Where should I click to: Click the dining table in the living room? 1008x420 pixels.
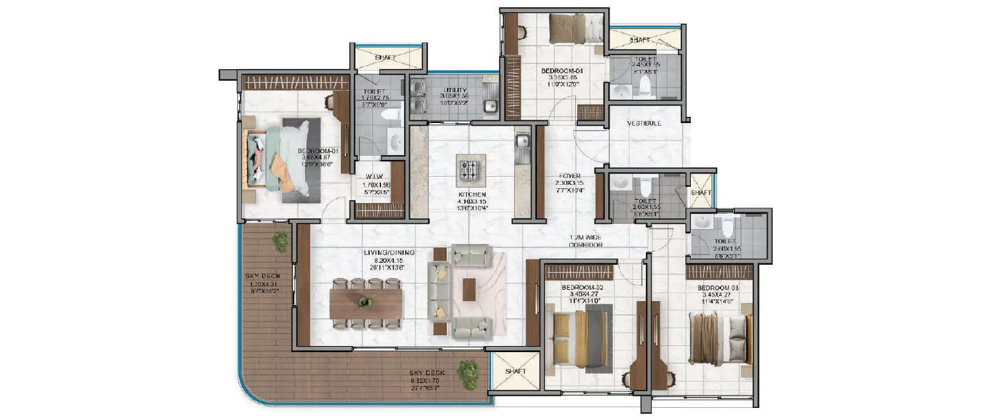[x=366, y=304]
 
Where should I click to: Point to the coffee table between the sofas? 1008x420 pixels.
[x=468, y=290]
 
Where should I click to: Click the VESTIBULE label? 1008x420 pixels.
[x=644, y=124]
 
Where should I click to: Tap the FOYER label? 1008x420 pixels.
[x=570, y=176]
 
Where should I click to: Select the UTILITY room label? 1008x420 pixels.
[x=455, y=89]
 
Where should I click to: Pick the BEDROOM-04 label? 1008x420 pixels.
[x=560, y=70]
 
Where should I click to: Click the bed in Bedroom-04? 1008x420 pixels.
[x=573, y=28]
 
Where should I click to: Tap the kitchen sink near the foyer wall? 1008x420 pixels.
[x=523, y=142]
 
